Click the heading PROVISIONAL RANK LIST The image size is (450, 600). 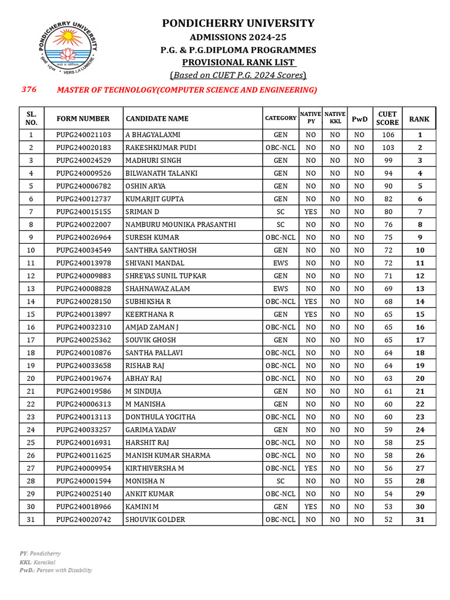click(238, 62)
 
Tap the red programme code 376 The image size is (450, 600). click(29, 90)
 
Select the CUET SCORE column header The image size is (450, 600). click(387, 118)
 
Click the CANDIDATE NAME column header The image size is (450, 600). click(157, 118)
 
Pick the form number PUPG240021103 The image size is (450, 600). click(83, 135)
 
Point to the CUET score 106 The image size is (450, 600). click(388, 135)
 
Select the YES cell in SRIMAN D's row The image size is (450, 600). click(311, 212)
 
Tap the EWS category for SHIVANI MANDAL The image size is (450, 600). click(280, 263)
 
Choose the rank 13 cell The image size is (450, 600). click(420, 289)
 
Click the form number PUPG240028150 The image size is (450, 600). click(83, 302)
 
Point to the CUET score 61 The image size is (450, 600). click(388, 391)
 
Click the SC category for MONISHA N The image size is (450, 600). click(280, 481)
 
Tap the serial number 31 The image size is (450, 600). click(31, 520)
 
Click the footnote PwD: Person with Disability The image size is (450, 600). click(56, 570)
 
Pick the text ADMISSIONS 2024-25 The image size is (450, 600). click(238, 37)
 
